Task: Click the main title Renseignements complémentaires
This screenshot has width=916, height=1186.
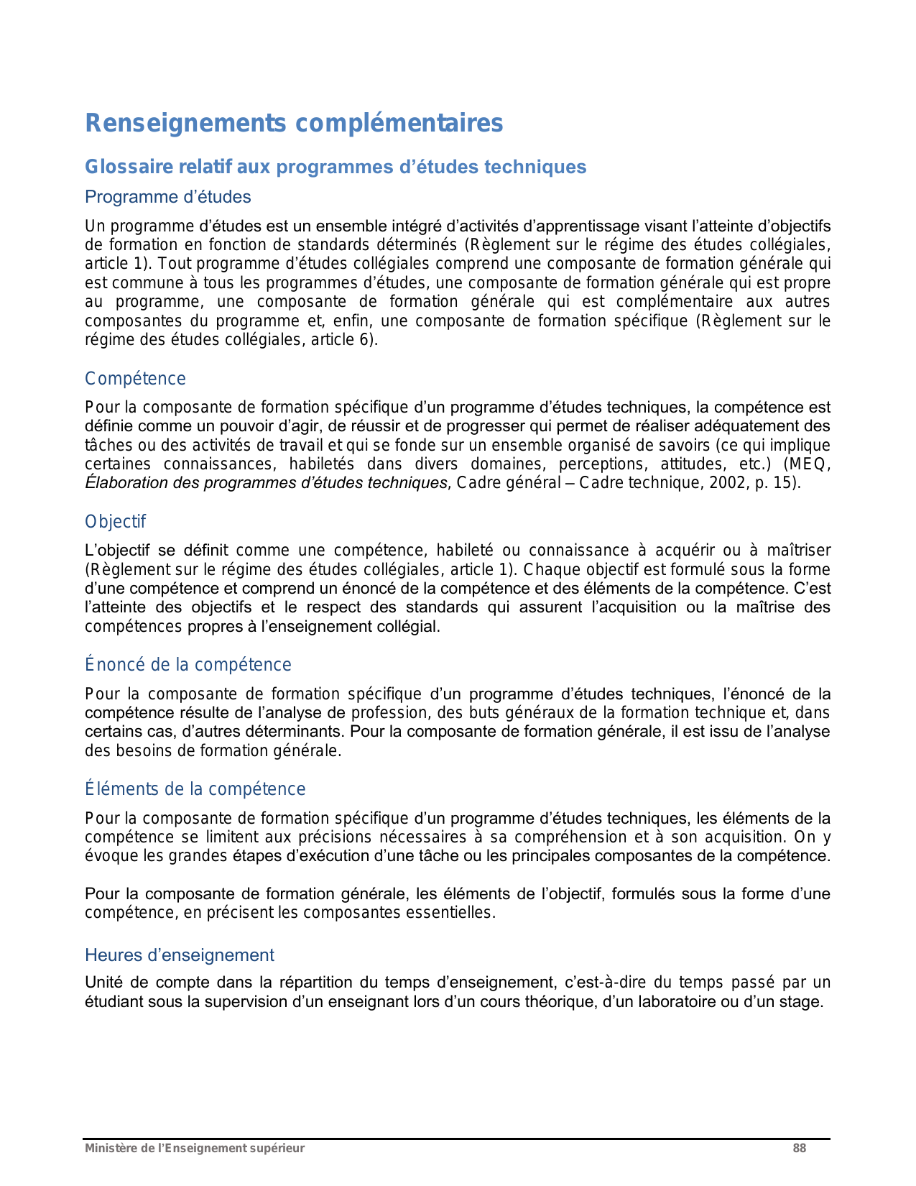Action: click(294, 124)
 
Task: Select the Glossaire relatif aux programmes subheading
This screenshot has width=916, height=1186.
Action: click(336, 167)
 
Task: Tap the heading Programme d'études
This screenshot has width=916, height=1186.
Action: click(168, 197)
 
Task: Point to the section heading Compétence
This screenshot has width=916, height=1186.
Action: click(135, 379)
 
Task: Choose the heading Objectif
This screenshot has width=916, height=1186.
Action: click(115, 522)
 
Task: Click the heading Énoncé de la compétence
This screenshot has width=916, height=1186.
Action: click(188, 665)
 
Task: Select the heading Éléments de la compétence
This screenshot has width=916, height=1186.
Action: click(195, 789)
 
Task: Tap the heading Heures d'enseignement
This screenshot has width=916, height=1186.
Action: click(180, 955)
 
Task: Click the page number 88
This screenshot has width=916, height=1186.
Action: click(799, 1149)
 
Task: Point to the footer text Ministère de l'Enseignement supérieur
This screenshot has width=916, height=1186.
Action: click(195, 1149)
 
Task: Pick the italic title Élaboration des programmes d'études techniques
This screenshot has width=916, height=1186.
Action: click(266, 483)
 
